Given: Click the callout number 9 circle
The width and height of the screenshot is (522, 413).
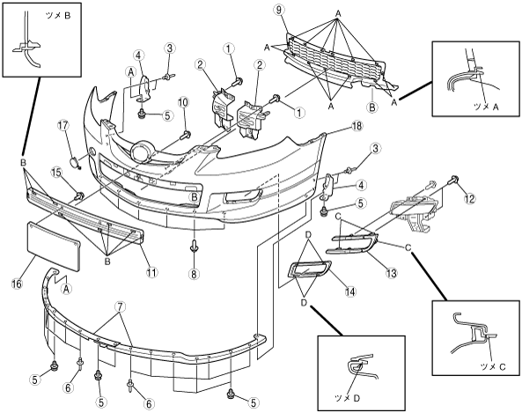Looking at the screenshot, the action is point(279,10).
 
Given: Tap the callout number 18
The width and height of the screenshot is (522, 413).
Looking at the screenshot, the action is point(357,126).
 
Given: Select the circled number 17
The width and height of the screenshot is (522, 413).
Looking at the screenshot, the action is point(62,126).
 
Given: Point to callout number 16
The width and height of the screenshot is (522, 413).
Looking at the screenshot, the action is point(17,284).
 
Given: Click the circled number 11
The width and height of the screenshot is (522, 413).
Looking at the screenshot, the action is point(151,272).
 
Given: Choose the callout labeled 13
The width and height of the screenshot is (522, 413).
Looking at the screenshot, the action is point(392,273).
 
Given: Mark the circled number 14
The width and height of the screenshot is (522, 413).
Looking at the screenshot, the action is point(350,291).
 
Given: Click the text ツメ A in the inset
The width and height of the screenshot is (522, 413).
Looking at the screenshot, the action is point(487,107).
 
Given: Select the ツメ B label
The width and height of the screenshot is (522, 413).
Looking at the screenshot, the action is point(58,16).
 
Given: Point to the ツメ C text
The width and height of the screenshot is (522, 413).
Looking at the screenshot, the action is point(493,366).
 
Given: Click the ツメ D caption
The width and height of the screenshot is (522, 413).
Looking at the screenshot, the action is point(347,398).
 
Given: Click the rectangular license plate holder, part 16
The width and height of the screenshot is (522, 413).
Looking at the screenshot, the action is point(54,247).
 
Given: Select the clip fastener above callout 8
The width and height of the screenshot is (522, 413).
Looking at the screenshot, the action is point(194,247).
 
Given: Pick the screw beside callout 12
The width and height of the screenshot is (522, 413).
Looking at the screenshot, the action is point(453,179).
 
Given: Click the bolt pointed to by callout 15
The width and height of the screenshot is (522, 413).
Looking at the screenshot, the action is point(80,195).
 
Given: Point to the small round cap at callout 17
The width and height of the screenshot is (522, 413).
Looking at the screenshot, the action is point(74,163).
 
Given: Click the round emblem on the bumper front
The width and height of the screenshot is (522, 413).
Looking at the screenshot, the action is point(143,151).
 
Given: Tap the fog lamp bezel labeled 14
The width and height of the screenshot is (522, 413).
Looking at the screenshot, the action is point(310,269).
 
